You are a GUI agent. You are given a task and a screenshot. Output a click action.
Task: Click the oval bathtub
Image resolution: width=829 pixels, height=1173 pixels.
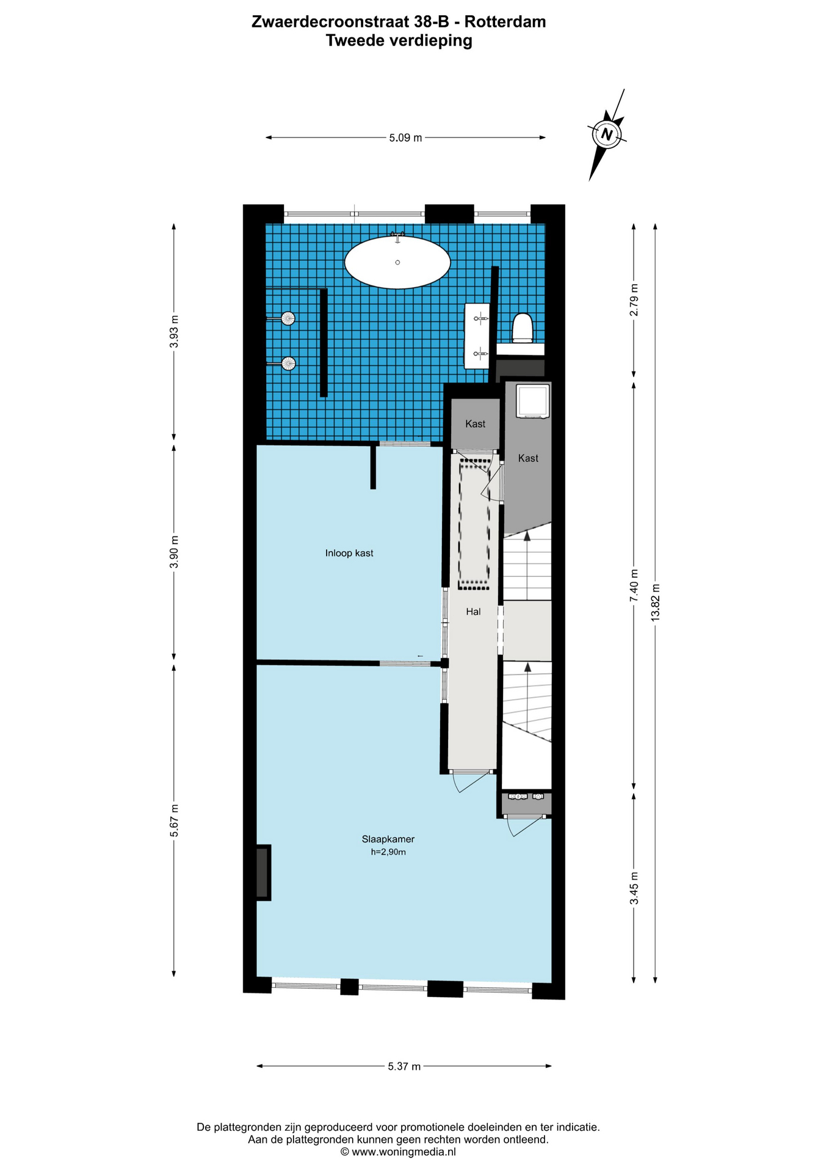point(397,261)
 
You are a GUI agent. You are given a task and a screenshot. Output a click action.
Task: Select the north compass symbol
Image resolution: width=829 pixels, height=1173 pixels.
point(607,134)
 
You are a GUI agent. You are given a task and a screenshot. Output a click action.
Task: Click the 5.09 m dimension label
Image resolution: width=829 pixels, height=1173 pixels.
point(405,138)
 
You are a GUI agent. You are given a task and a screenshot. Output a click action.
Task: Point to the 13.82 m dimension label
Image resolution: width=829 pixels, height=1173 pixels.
point(655,602)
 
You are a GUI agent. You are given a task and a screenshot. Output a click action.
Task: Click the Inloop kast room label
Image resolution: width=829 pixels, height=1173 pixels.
point(349,554)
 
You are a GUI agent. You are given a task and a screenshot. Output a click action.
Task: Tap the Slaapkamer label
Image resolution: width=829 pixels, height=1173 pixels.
point(388,839)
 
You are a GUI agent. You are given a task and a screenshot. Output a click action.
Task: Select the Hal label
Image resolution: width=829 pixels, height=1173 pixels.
point(473,612)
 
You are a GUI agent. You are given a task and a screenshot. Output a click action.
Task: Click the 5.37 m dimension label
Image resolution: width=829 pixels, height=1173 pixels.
point(404,1067)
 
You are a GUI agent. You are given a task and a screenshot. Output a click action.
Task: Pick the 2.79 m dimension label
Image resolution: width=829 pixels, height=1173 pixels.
point(634,300)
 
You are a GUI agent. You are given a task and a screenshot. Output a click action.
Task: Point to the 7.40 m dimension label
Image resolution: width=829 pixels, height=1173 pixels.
point(634,585)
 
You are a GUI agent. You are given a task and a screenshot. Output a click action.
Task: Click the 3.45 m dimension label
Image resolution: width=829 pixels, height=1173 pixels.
point(634,889)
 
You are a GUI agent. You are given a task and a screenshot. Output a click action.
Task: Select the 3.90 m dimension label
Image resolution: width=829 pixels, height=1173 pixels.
point(174,552)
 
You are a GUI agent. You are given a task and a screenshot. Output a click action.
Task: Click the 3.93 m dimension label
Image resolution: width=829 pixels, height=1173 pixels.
point(174,332)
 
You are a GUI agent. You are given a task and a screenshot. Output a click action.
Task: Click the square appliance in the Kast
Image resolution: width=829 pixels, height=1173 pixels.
point(532,401)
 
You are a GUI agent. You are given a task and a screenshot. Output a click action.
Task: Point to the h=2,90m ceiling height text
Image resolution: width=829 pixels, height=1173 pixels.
point(388,852)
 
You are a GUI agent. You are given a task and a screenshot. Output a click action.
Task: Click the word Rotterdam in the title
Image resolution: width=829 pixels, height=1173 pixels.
point(505,22)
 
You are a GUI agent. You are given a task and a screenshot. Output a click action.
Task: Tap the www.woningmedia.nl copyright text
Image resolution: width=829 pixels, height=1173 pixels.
point(398,1152)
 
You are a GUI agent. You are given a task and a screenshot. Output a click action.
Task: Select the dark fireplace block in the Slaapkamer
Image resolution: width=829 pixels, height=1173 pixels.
point(262,872)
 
